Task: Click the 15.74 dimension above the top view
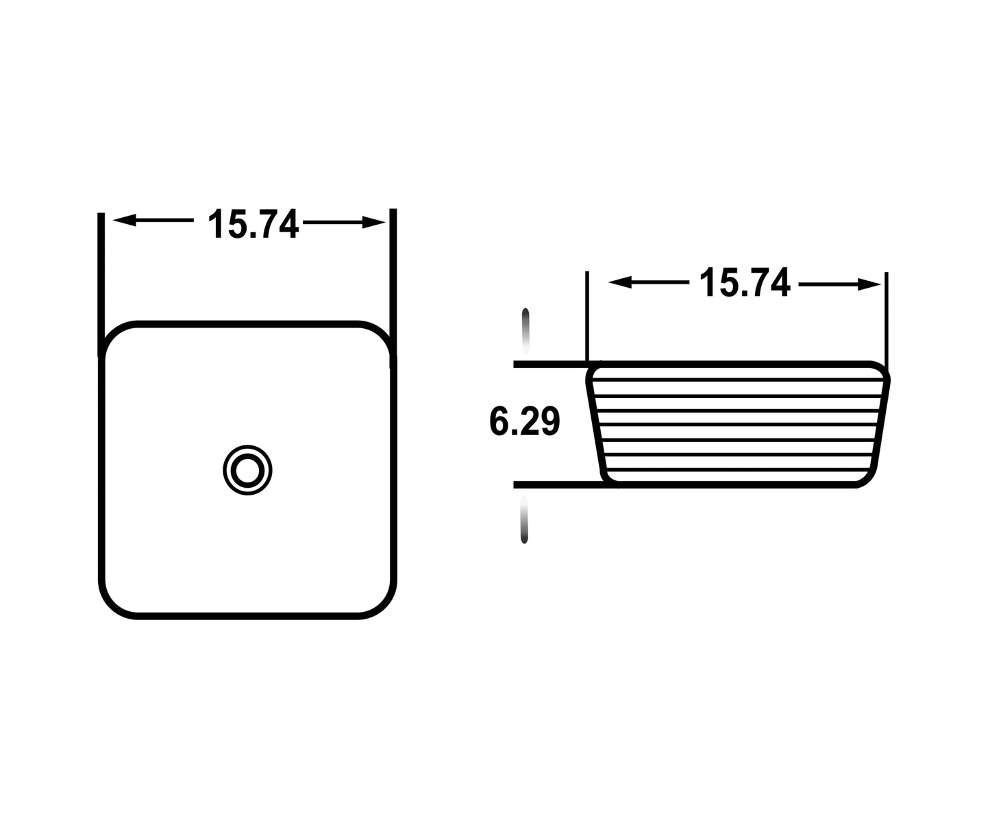click(x=253, y=224)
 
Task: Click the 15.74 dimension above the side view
click(x=744, y=283)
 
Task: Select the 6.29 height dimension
click(x=525, y=421)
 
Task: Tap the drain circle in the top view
click(x=247, y=470)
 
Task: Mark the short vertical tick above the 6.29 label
click(x=525, y=329)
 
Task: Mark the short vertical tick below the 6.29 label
click(x=525, y=521)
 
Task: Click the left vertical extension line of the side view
click(x=587, y=315)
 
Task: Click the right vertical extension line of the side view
click(x=886, y=319)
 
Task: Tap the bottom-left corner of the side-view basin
click(x=606, y=479)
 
